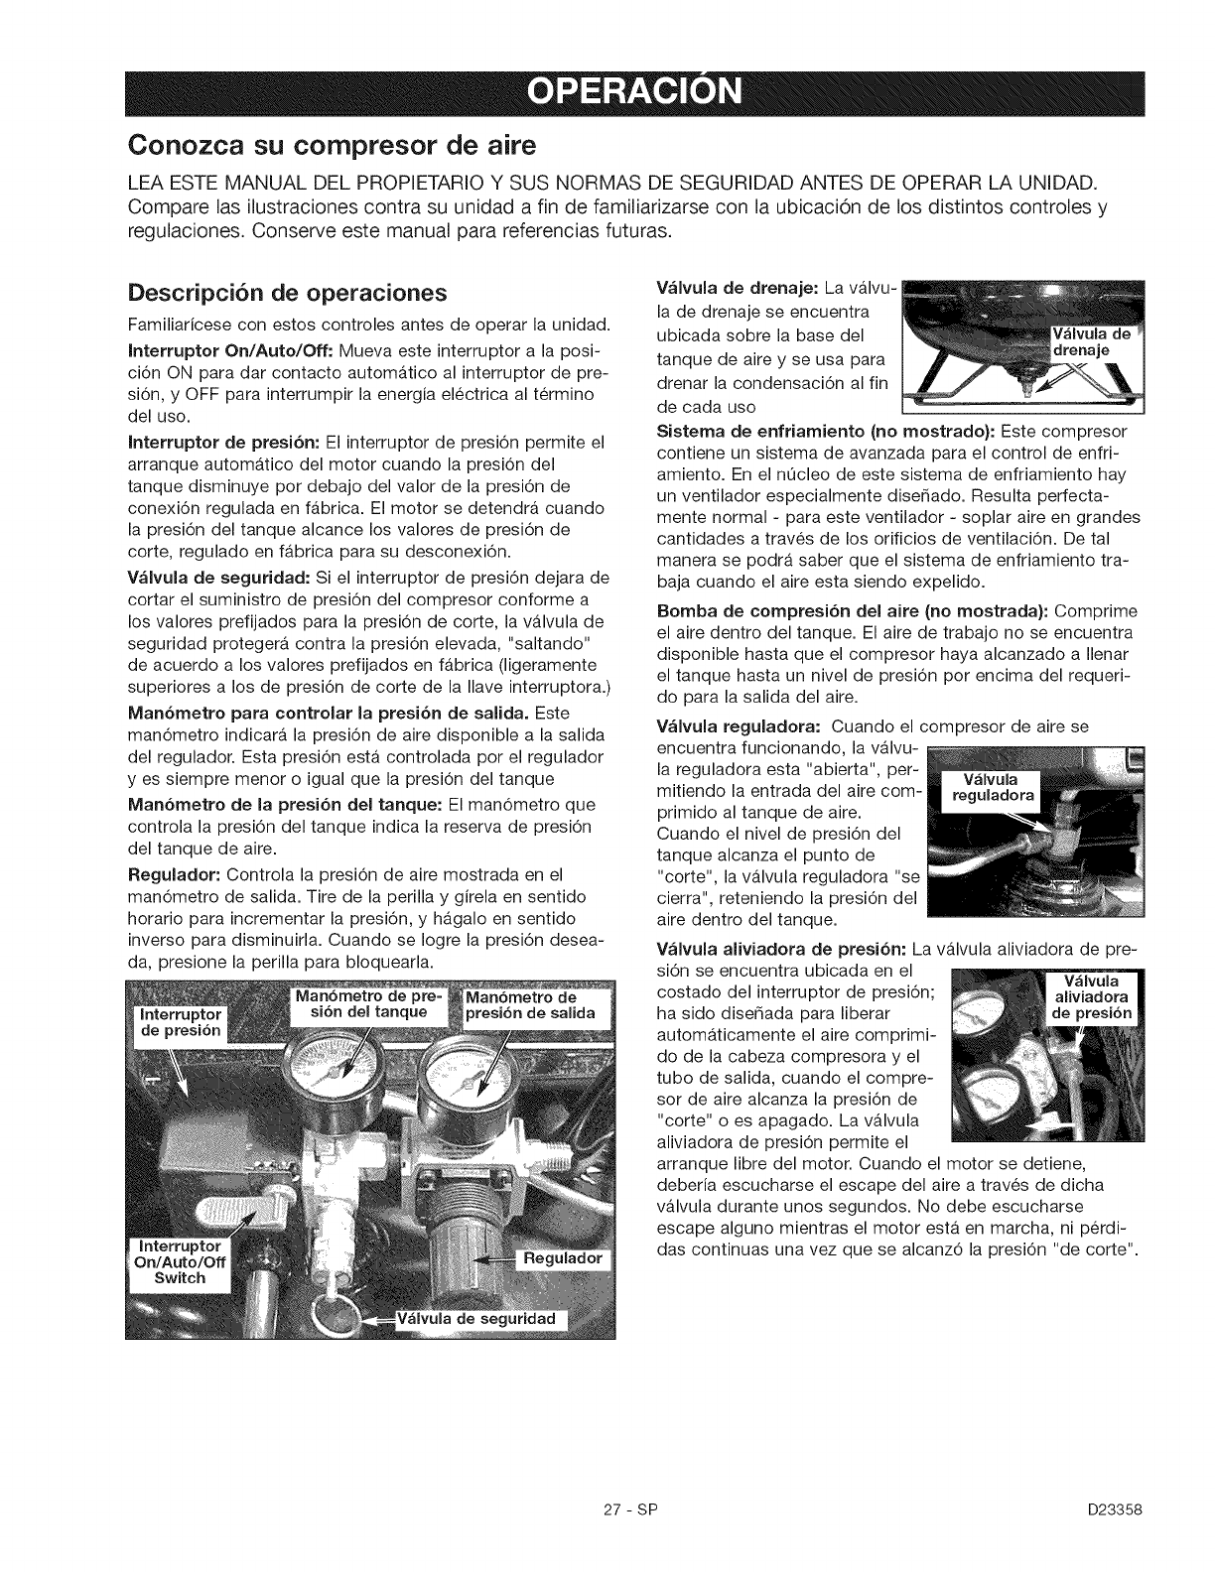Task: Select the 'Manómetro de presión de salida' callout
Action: (x=530, y=1004)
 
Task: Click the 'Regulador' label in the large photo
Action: (x=563, y=1258)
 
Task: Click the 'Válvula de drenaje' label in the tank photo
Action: (x=1091, y=340)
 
